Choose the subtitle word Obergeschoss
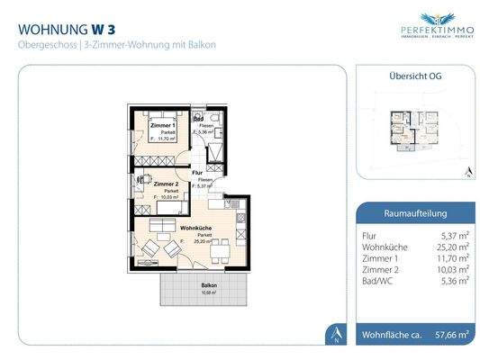[x=43, y=44]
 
